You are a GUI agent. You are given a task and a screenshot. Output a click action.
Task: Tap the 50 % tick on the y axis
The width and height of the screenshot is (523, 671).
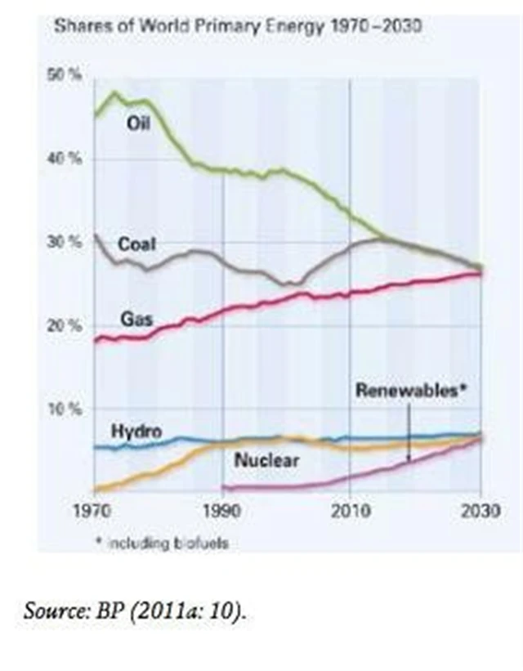(x=70, y=75)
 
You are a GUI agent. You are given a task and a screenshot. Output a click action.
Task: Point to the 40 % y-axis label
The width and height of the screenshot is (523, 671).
(x=70, y=159)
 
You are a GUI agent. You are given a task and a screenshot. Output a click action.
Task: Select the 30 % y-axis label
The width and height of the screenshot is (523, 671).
(x=70, y=243)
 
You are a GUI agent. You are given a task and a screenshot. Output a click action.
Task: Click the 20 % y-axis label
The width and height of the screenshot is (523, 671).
(x=70, y=326)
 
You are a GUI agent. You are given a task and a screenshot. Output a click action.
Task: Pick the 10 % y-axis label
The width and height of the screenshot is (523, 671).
(x=70, y=409)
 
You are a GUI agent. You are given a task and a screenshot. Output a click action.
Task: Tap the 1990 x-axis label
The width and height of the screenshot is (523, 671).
(x=221, y=511)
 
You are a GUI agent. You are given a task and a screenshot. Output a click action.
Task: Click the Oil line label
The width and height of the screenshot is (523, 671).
(x=138, y=123)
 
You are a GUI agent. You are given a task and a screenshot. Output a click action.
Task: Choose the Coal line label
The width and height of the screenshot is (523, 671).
(x=136, y=244)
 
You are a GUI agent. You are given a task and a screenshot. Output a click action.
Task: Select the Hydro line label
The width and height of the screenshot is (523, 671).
(x=136, y=432)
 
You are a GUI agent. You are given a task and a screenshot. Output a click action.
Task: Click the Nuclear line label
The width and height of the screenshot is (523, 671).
(x=266, y=461)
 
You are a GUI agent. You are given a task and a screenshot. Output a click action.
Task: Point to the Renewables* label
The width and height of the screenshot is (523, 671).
(x=410, y=391)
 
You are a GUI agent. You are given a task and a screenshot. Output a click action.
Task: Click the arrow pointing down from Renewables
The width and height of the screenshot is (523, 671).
(x=409, y=433)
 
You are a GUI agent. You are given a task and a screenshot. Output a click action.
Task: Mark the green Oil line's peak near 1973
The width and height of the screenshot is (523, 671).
(x=114, y=92)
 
